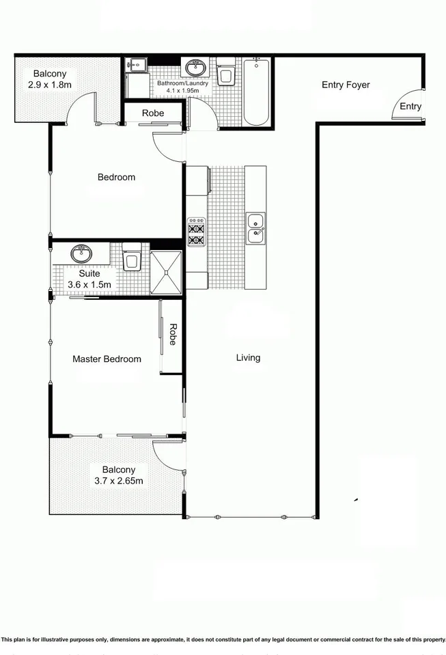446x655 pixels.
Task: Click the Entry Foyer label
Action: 346,85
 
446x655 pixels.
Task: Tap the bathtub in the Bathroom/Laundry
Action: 257,92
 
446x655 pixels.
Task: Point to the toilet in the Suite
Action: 132,257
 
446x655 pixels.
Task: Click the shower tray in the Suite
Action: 167,272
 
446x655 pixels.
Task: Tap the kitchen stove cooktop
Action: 196,232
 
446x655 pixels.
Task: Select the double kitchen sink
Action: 256,228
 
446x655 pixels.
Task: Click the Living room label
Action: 248,357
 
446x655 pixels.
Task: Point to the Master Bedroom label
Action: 107,359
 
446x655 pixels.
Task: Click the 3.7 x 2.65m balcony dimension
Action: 119,481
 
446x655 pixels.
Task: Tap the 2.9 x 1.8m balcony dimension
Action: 50,85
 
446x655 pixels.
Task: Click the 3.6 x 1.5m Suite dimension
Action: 89,284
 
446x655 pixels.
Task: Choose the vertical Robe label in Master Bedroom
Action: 173,335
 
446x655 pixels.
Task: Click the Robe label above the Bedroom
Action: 153,113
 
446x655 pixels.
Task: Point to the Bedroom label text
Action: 116,177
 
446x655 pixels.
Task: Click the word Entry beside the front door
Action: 410,107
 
